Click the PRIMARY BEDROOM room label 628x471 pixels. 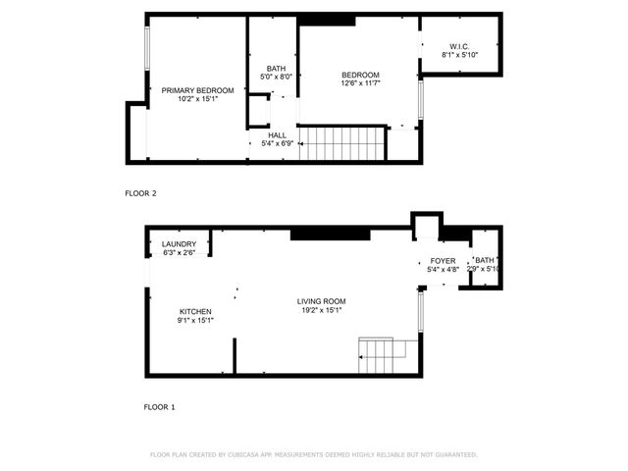tap(198, 90)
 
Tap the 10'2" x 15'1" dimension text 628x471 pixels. tap(198, 99)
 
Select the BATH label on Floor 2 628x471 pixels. tap(277, 68)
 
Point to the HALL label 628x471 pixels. tap(277, 135)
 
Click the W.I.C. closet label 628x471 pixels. tap(460, 46)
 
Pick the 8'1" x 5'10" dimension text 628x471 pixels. tap(460, 55)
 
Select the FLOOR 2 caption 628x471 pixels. tap(140, 193)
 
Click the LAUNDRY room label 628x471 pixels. tap(179, 244)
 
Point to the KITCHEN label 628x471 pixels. tap(195, 311)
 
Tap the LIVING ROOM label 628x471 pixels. tap(322, 301)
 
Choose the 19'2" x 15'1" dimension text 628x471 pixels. tap(322, 310)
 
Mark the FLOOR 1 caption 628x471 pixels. tap(159, 406)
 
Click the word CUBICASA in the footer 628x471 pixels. tap(255, 455)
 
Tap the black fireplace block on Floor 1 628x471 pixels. tap(329, 234)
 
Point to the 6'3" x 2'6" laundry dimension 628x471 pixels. tap(179, 253)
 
